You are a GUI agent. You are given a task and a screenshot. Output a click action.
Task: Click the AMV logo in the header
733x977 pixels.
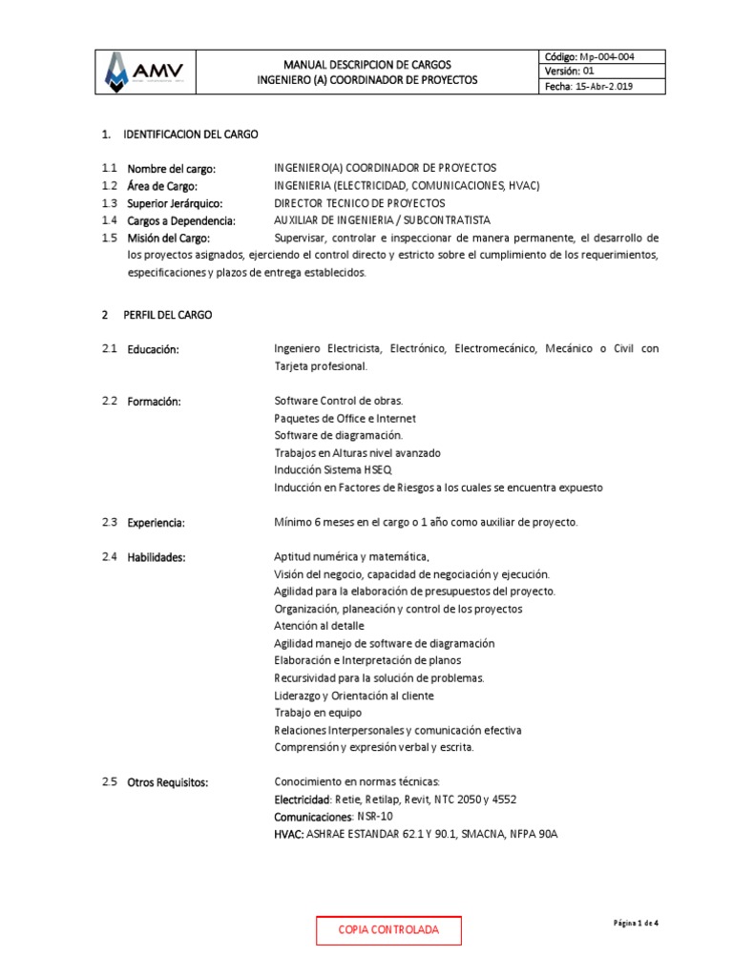point(149,72)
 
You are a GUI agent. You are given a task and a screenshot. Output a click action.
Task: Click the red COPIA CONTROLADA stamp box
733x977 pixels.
point(388,929)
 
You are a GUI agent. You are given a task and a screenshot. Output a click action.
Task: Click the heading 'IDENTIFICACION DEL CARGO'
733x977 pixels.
point(191,135)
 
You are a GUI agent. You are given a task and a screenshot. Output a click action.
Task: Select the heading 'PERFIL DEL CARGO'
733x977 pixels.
point(168,314)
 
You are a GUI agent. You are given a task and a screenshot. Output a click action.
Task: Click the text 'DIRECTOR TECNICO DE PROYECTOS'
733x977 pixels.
point(359,203)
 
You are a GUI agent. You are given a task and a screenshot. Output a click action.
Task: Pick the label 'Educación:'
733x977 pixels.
point(153,350)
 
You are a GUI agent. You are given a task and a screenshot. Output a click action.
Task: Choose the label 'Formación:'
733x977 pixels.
point(154,402)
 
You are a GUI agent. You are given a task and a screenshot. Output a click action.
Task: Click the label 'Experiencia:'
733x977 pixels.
point(156,523)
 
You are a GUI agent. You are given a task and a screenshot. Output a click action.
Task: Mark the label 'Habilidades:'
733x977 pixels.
point(157,557)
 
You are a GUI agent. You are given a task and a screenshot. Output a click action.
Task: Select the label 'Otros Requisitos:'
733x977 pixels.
point(167,782)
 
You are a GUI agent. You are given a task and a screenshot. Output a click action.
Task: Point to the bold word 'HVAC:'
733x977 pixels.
point(289,834)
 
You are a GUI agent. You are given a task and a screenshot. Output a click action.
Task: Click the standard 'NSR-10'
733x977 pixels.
point(373,817)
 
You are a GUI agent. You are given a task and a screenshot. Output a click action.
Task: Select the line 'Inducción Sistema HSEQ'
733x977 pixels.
point(332,470)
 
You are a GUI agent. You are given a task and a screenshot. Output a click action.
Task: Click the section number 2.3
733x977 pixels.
point(109,523)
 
